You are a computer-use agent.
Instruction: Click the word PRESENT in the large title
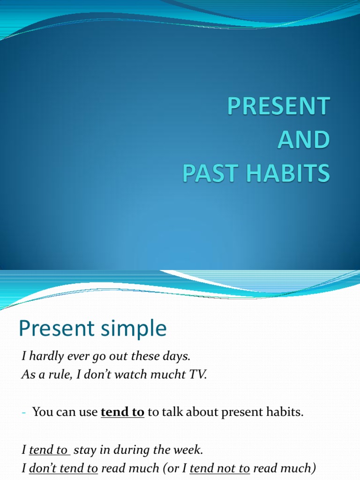(278, 106)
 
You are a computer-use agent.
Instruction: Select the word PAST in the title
(209, 173)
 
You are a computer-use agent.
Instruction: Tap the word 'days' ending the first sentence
(178, 356)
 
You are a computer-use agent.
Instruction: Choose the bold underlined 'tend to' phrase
(122, 412)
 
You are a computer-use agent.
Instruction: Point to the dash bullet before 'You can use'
(24, 412)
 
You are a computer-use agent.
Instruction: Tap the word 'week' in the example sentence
(189, 450)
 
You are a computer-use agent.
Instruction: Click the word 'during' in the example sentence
(129, 450)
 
